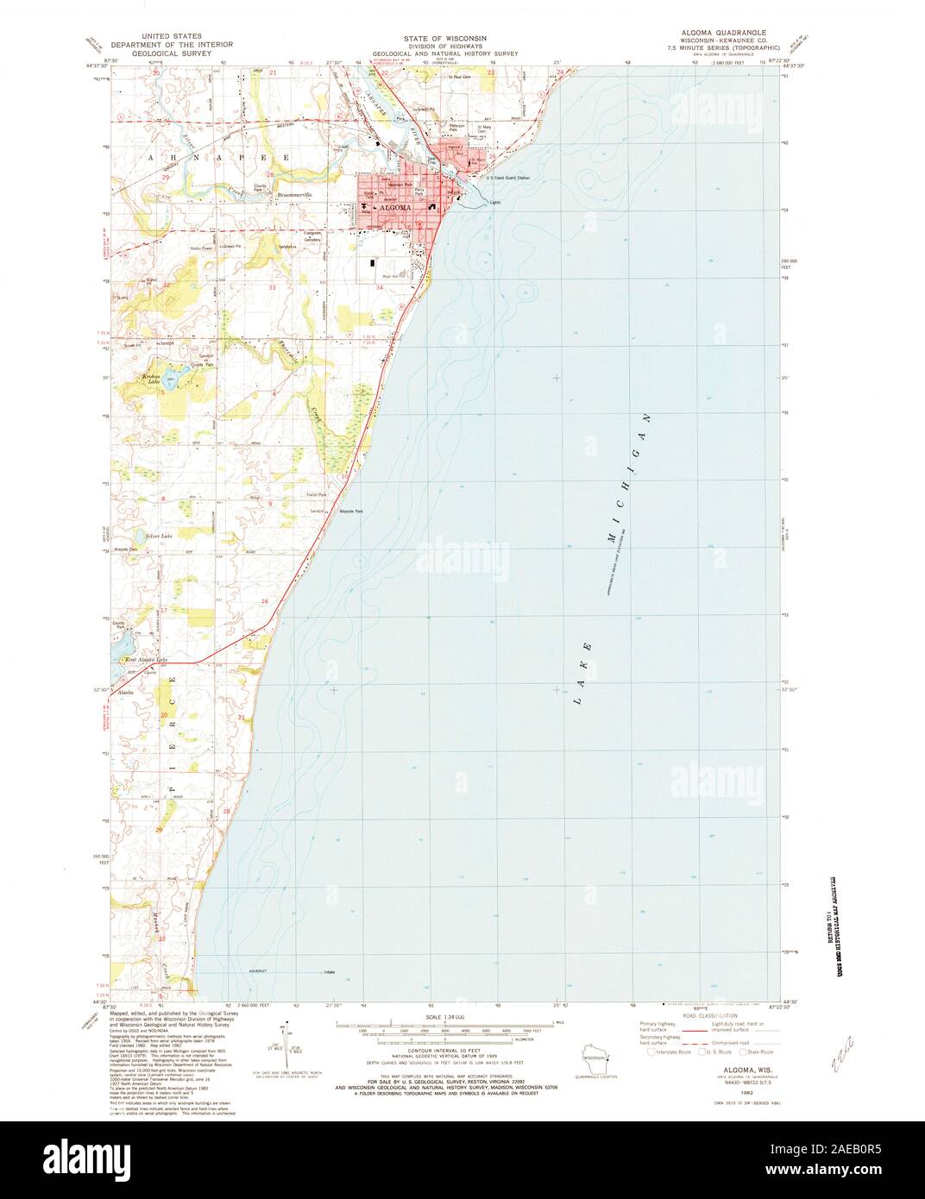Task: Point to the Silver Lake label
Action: pos(160,536)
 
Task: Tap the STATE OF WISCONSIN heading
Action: pos(444,39)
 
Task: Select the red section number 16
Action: pos(266,600)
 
